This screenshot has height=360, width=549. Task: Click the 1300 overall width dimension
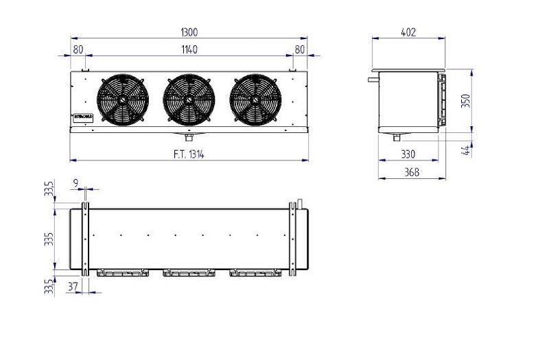tap(189, 32)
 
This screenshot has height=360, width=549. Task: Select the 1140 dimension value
tap(189, 49)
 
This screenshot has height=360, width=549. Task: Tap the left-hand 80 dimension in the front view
tap(77, 49)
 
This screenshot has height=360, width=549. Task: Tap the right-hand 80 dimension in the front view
tap(299, 49)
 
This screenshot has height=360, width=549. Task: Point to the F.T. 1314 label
tap(188, 154)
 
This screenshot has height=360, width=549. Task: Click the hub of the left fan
tap(123, 99)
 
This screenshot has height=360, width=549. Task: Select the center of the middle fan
tap(189, 99)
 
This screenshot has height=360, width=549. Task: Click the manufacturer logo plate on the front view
tap(82, 117)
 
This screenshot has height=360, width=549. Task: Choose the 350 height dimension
tap(466, 101)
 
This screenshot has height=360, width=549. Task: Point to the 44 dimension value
tap(466, 149)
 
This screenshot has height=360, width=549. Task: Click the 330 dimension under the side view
tap(410, 155)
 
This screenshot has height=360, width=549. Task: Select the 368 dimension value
tap(411, 172)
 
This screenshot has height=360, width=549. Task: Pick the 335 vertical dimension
tap(49, 238)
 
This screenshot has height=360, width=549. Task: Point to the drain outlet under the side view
tap(397, 136)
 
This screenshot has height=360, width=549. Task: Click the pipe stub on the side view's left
tap(372, 80)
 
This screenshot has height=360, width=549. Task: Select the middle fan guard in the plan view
tap(189, 273)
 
